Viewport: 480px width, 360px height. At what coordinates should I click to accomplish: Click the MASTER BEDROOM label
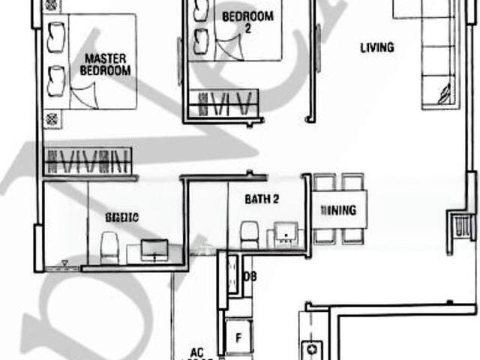[105, 64]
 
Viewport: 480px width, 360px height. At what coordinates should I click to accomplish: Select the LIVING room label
[376, 48]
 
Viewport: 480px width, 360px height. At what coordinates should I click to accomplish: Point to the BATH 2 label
[262, 199]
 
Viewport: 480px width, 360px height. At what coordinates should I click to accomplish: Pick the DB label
[250, 276]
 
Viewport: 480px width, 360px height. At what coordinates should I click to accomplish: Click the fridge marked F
[238, 337]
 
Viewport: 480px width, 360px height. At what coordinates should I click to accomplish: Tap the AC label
[196, 352]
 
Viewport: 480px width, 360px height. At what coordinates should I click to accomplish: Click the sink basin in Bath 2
[285, 234]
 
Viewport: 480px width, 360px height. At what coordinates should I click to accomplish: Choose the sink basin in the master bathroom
[154, 249]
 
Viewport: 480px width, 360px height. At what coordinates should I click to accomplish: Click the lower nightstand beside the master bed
[50, 118]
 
